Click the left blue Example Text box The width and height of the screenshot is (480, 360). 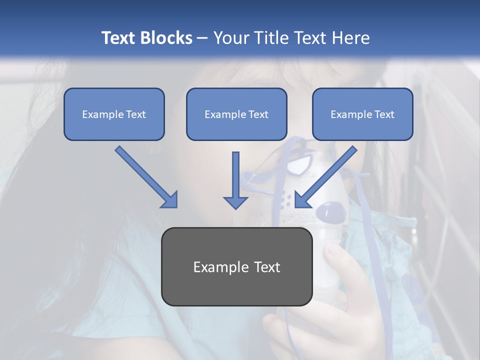(x=114, y=114)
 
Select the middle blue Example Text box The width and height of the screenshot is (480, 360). (x=236, y=114)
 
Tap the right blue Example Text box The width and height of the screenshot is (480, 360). (x=362, y=114)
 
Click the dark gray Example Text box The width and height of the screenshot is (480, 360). (x=236, y=266)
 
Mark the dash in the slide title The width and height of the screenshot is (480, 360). (x=202, y=38)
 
